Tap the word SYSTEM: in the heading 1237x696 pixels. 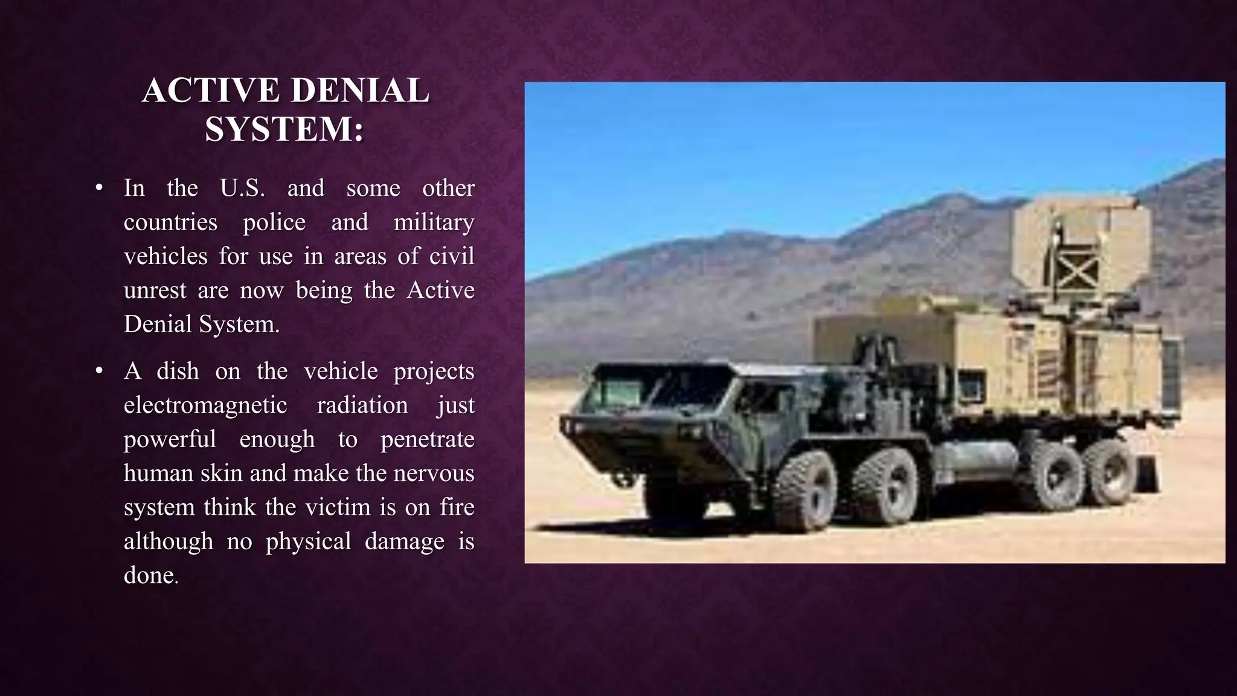[x=284, y=129]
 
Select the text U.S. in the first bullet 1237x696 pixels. [x=242, y=188]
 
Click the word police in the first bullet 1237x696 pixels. [x=274, y=222]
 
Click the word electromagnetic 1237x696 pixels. [x=205, y=405]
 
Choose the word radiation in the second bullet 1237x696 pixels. [x=362, y=405]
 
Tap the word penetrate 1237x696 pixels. [x=427, y=439]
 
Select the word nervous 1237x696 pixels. [x=434, y=473]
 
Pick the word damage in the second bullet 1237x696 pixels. [x=405, y=541]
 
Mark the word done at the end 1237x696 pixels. [x=149, y=575]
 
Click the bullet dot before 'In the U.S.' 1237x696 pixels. [x=100, y=188]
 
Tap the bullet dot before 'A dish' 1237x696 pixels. [x=100, y=371]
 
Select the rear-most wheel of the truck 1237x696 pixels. [x=1109, y=472]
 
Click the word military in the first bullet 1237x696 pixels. [x=434, y=222]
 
